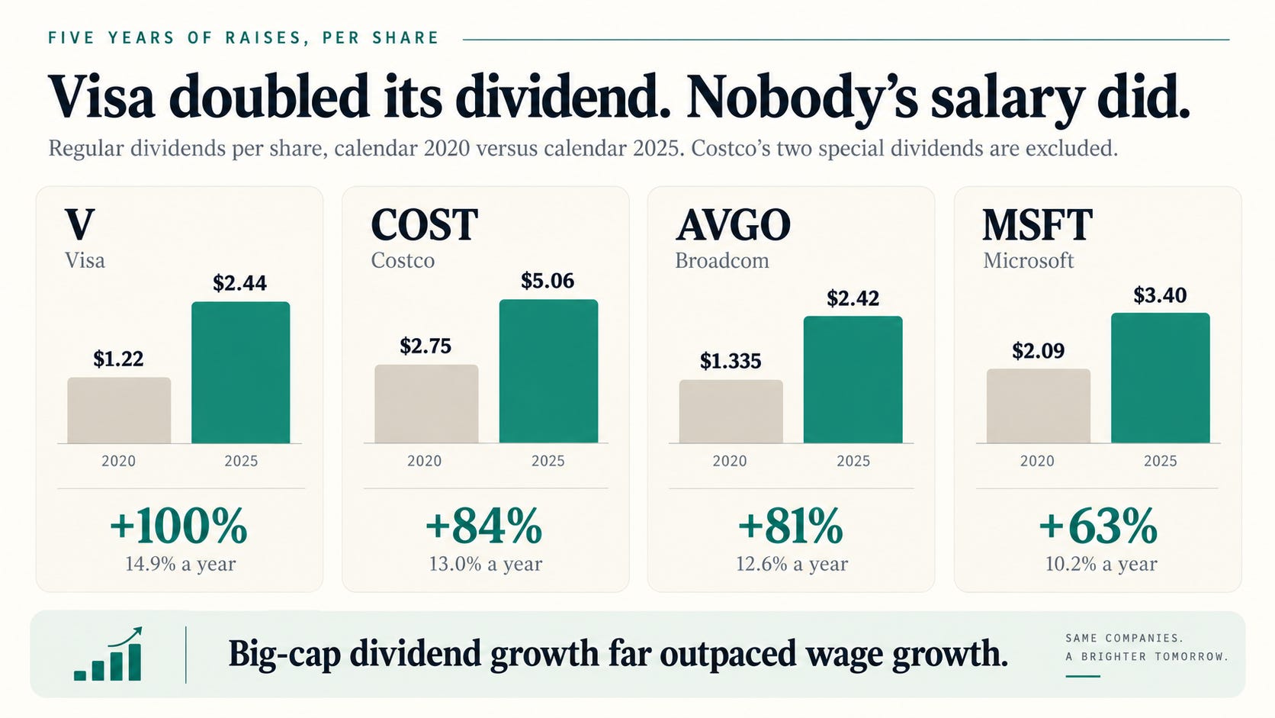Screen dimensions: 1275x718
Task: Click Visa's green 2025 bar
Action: click(241, 372)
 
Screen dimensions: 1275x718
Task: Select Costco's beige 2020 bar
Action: click(426, 404)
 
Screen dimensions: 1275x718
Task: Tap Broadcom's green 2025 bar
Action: click(853, 380)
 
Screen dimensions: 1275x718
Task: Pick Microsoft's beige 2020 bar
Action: click(1038, 406)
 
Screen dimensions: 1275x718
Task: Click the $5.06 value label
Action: click(548, 281)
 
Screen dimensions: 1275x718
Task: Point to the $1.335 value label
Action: click(731, 361)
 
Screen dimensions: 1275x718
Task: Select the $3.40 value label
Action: click(1160, 295)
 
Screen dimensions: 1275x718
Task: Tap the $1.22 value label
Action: click(118, 359)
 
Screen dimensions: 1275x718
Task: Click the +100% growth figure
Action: click(178, 526)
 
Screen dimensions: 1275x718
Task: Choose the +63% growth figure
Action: click(1098, 526)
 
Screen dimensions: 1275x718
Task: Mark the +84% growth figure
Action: click(483, 526)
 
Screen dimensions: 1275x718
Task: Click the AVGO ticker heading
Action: click(733, 225)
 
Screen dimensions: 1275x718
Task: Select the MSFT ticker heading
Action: click(1038, 225)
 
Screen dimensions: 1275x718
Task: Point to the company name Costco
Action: click(403, 261)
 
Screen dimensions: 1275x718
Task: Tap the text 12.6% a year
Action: click(792, 564)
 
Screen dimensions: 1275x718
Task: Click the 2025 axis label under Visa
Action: click(241, 461)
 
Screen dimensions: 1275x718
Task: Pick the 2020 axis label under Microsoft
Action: click(1037, 461)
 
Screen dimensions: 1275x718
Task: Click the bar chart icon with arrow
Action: click(108, 654)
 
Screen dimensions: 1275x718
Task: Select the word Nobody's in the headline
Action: click(802, 97)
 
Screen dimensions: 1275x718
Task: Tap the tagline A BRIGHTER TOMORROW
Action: click(1146, 656)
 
